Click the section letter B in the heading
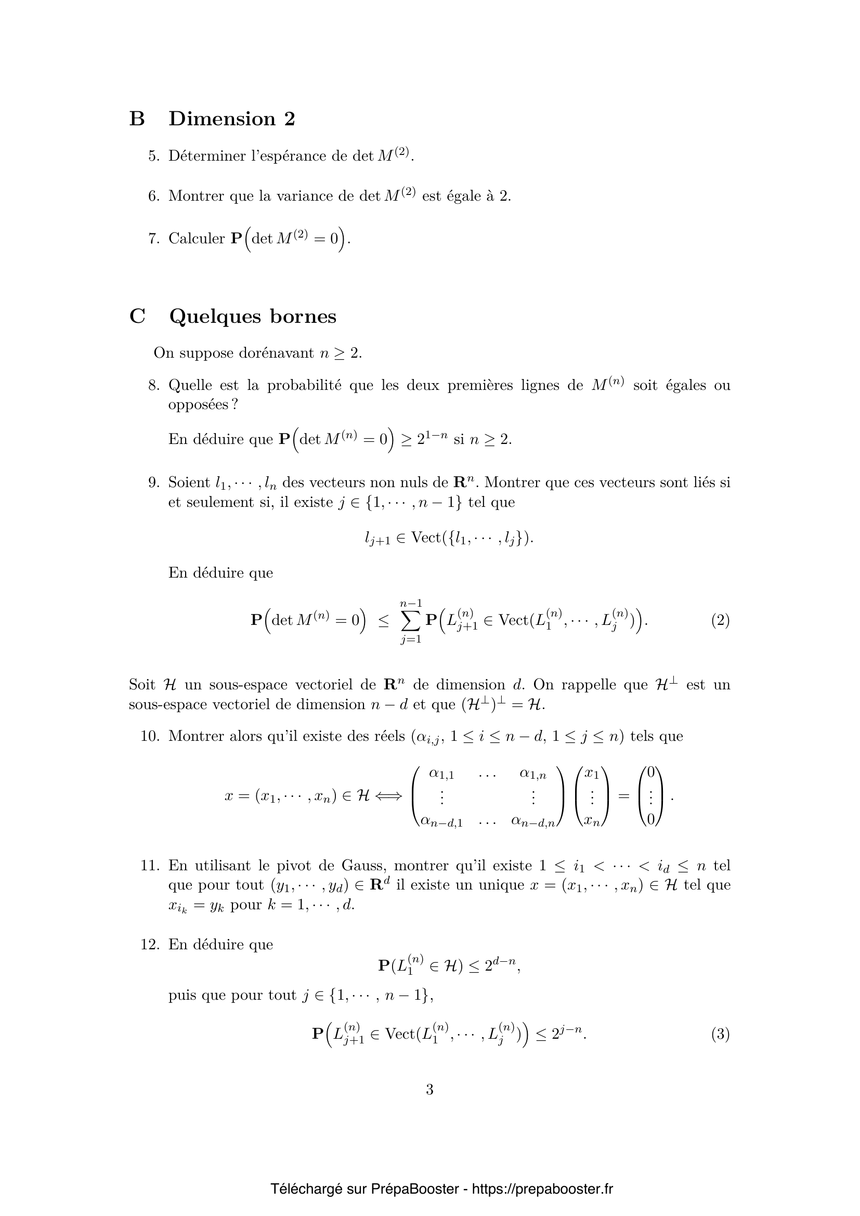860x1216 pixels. point(137,119)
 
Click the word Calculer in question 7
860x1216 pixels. point(197,239)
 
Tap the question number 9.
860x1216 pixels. point(153,482)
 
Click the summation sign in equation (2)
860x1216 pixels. point(411,620)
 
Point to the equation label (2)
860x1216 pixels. point(720,620)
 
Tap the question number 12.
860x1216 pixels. point(150,944)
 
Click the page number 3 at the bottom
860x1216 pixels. point(429,1090)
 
